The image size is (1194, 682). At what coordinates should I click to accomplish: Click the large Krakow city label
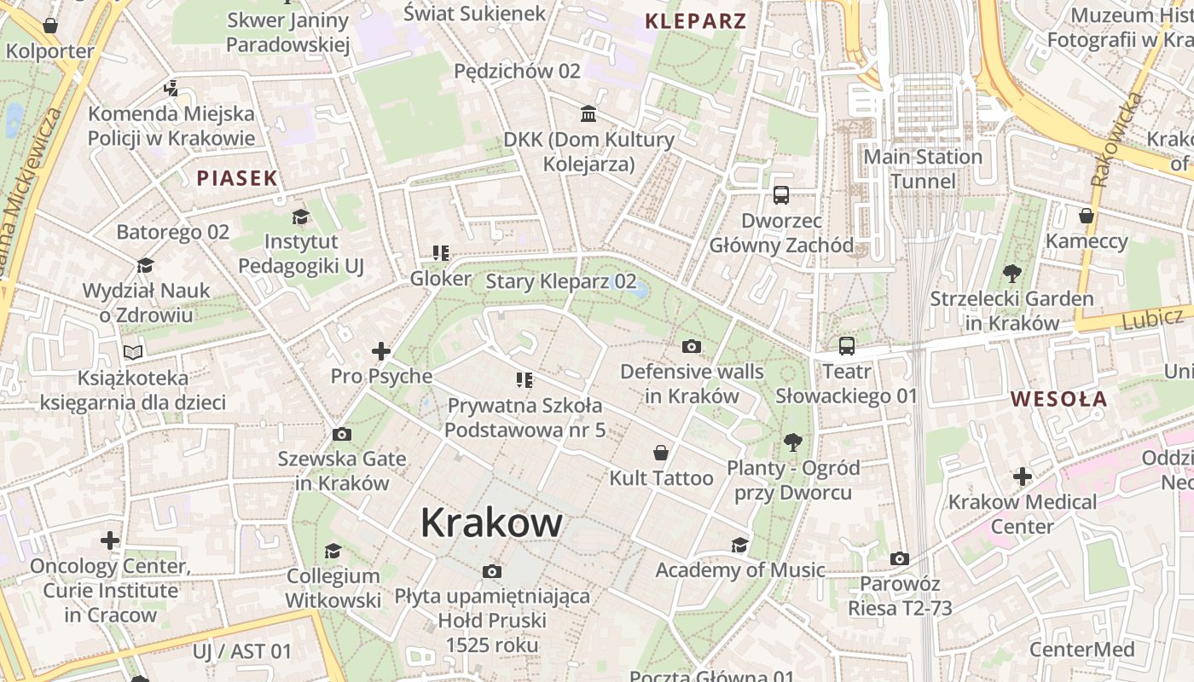click(491, 523)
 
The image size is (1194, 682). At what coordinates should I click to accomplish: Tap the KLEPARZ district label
click(696, 21)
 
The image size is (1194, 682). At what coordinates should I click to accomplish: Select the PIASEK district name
click(237, 178)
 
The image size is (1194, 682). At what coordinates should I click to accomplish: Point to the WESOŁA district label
click(1058, 399)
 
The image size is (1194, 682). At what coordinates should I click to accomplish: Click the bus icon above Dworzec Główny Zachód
click(780, 195)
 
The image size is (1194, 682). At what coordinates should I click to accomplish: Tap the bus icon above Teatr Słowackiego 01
click(846, 345)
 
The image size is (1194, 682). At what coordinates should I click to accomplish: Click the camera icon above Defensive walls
click(692, 346)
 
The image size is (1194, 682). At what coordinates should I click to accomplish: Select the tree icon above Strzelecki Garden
click(1012, 274)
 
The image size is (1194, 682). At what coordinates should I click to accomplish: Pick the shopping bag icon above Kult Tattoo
click(660, 452)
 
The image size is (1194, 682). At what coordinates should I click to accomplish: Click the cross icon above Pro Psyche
click(381, 350)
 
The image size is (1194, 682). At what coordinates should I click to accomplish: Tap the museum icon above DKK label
click(588, 113)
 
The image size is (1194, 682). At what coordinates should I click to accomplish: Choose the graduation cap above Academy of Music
click(739, 545)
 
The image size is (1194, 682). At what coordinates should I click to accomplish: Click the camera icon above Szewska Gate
click(341, 434)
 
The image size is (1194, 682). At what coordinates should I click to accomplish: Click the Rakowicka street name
click(1116, 141)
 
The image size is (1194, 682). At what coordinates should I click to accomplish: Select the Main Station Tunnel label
click(923, 169)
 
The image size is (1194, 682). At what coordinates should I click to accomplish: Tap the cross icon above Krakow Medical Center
click(1023, 476)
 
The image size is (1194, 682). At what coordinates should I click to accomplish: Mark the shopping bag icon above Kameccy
click(1086, 216)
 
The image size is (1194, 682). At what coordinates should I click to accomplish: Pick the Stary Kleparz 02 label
click(560, 281)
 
